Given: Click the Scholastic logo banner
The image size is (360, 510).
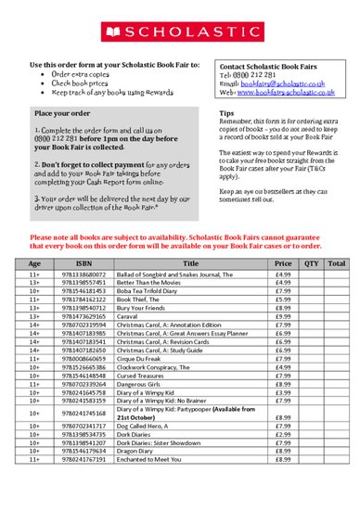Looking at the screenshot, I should (179, 32).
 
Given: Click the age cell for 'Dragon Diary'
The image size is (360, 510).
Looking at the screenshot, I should (34, 450).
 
